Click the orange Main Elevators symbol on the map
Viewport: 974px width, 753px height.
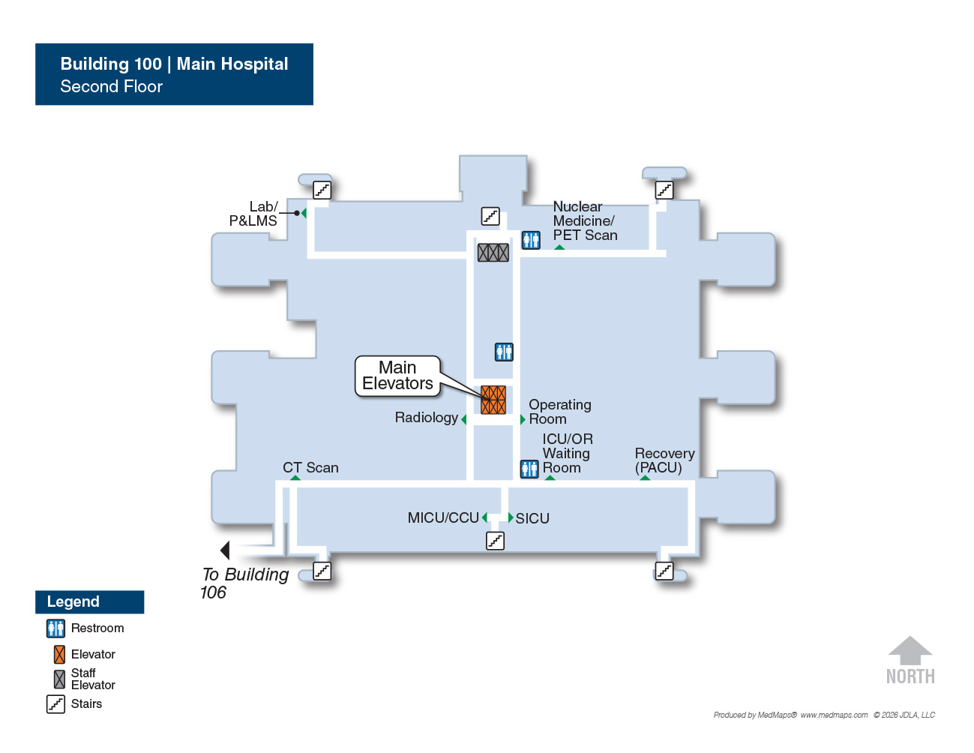point(493,400)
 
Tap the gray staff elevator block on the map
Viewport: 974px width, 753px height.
point(493,253)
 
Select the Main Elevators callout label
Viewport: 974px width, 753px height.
point(397,376)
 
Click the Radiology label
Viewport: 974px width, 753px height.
point(426,417)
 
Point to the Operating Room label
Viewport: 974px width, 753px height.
point(560,412)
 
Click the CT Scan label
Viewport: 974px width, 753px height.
point(310,467)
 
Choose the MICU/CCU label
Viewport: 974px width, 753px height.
point(443,517)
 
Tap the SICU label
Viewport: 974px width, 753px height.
point(532,518)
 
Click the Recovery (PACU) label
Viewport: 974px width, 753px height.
point(665,460)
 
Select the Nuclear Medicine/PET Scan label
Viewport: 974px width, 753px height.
point(585,220)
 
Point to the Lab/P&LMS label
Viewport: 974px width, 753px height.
point(253,213)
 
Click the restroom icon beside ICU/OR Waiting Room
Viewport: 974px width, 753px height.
point(529,469)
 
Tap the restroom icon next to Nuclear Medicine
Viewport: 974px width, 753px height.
point(531,240)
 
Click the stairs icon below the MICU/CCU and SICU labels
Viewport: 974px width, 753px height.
point(496,541)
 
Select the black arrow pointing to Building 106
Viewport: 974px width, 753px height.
point(225,550)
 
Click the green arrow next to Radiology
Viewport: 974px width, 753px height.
point(464,419)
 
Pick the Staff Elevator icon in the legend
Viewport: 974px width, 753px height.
point(59,679)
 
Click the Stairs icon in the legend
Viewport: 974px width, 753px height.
point(55,704)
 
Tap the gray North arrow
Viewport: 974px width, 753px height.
point(910,650)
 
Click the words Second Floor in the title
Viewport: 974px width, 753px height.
point(111,86)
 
